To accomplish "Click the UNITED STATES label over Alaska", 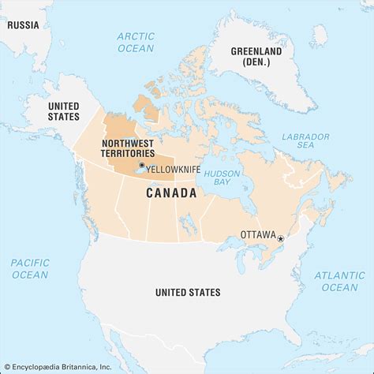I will point(64,110).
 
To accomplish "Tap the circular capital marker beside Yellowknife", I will point(142,165).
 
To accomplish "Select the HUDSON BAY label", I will point(223,178).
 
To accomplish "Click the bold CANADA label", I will point(170,193).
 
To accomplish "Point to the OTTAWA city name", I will point(257,235).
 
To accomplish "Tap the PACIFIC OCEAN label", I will point(30,268).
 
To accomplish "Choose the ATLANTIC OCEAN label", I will point(339,281).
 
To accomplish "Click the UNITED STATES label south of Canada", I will point(188,293).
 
